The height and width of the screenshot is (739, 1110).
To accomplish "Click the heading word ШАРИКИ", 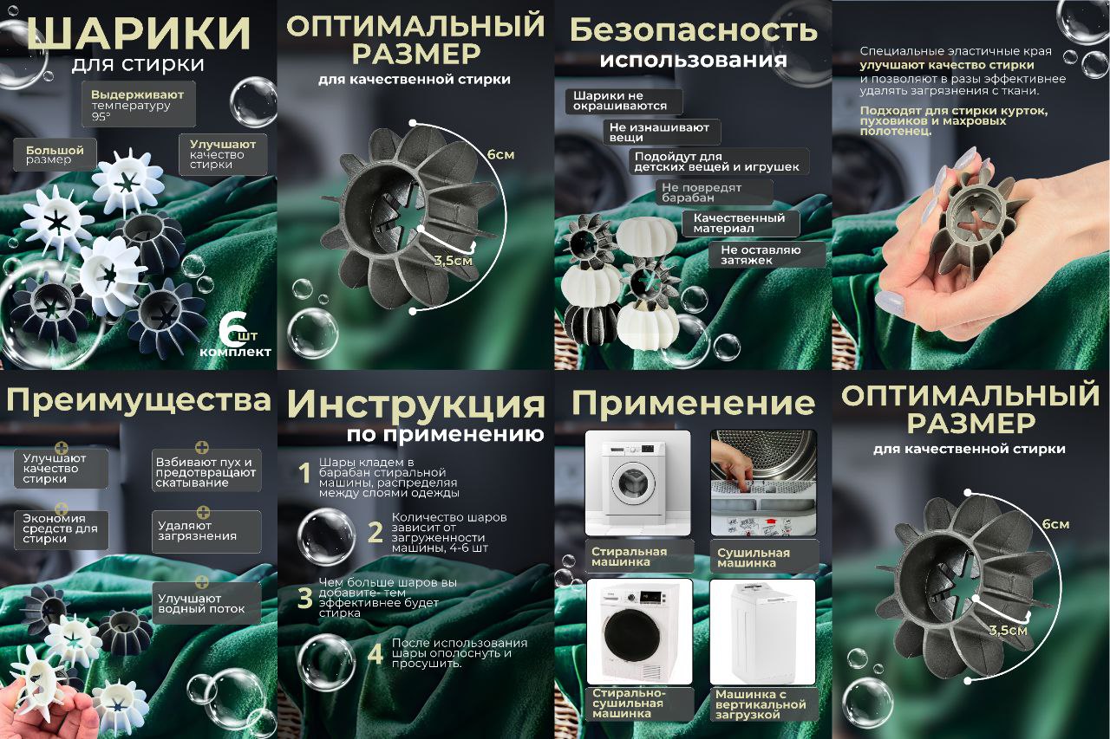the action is coord(138,33).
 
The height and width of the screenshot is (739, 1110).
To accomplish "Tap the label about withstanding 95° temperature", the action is coord(138,104).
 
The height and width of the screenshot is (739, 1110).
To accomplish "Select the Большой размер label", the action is coord(55,154).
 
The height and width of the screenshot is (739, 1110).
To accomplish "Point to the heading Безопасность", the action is coord(693,30).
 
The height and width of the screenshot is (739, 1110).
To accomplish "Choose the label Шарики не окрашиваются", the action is coord(624,101).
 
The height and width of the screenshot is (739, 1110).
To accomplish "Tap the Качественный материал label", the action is coord(741,224).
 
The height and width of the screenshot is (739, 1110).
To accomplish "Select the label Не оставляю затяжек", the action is coord(767,255).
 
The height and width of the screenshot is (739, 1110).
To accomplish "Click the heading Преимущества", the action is coord(138,401).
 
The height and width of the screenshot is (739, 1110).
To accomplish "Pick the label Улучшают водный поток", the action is coord(206,603).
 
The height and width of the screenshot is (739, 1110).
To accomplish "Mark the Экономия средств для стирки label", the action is coord(61,528).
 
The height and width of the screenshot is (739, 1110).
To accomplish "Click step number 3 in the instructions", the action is coord(304,598).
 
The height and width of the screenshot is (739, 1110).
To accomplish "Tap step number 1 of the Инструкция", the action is coord(304,473).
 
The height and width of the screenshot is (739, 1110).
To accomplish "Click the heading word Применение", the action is coord(693,403).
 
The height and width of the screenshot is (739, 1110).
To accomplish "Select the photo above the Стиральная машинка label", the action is coord(637,483).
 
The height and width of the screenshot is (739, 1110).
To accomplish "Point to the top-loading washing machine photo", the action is coord(762,632).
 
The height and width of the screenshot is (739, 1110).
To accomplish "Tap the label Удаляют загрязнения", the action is coord(206,531).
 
